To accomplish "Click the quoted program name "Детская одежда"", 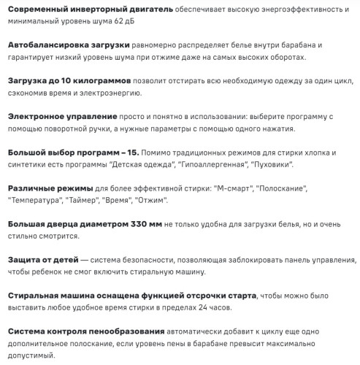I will click(164, 164).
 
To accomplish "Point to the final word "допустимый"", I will click(33, 354).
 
